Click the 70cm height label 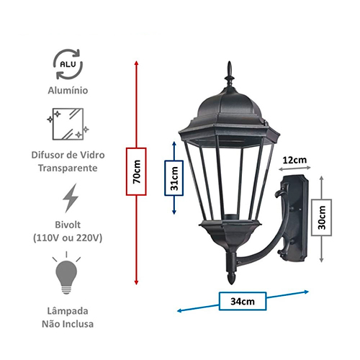coord(136,171)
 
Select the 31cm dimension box coord(174,178)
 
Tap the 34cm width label coord(243,301)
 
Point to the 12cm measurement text coord(294,160)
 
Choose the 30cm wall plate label coord(322,217)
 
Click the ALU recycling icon coord(68,64)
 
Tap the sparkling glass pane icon coord(68,124)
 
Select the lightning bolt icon coord(71,198)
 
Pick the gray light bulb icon coord(66,274)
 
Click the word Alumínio coord(68,91)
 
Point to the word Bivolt coord(68,225)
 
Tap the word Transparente coord(68,168)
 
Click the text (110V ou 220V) coord(68,238)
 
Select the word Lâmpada coord(68,311)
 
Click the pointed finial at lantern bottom coord(231,279)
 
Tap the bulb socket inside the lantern coord(230,217)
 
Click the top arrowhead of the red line coord(136,63)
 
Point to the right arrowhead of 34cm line coord(306,292)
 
